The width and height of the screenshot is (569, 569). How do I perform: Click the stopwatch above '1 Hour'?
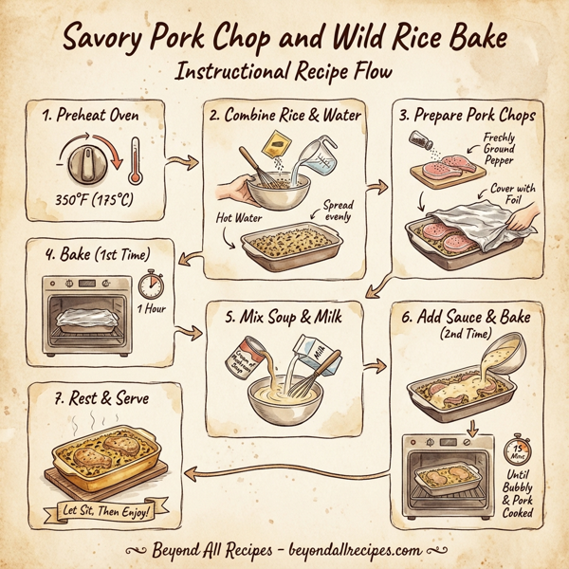tap(149, 285)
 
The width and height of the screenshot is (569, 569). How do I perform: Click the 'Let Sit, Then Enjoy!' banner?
tap(100, 515)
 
